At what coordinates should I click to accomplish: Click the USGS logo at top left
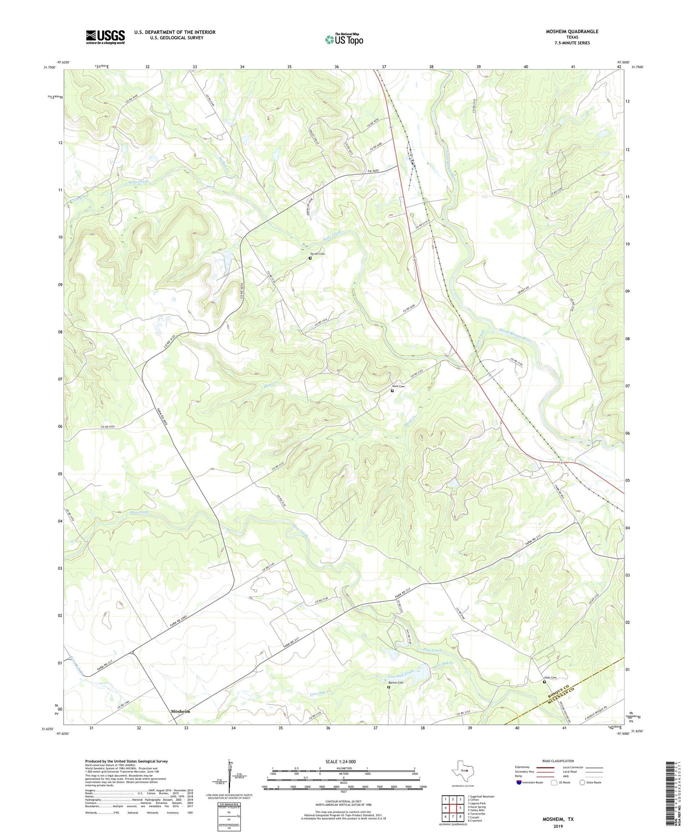pos(105,36)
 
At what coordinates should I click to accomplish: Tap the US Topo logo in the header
pos(344,39)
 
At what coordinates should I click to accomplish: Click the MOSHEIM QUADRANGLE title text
pos(572,32)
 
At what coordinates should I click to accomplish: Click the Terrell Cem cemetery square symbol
pos(310,258)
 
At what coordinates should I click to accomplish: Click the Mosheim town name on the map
pos(181,712)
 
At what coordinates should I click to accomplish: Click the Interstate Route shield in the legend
pos(519,782)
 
